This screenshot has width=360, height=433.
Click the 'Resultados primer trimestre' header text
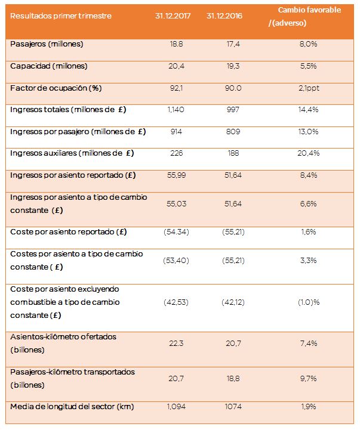tap(61, 16)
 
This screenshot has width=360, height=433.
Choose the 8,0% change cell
tap(309, 44)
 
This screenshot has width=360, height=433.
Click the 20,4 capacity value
tap(176, 66)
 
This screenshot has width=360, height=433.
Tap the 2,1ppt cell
tap(309, 88)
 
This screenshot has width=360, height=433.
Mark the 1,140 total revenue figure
tap(176, 110)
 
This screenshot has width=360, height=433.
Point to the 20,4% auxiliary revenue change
tap(309, 153)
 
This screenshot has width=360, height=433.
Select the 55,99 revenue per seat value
tap(176, 175)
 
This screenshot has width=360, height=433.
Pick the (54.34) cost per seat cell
tap(176, 231)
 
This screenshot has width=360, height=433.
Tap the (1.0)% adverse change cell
tap(309, 302)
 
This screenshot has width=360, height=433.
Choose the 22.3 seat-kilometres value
tap(176, 344)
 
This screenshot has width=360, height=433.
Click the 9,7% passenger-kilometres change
tap(309, 379)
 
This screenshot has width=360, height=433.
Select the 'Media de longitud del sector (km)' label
tap(72, 407)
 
